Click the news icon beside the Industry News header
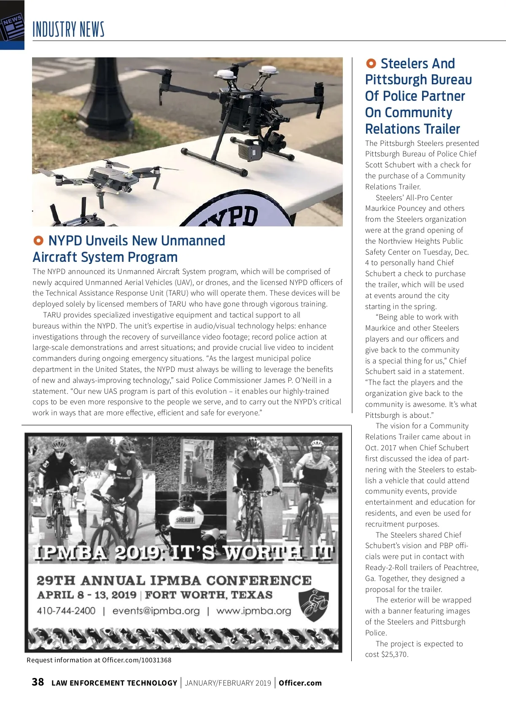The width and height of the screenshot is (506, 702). [11, 27]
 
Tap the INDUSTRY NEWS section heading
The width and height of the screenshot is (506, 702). [68, 30]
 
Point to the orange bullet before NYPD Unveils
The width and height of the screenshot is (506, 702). [38, 241]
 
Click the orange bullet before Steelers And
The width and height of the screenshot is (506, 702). [371, 64]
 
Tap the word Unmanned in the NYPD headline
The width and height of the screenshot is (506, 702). [193, 241]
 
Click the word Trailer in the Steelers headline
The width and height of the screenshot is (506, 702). [441, 129]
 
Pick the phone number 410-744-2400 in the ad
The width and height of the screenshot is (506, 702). [66, 611]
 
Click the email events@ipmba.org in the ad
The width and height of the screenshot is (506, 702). [156, 611]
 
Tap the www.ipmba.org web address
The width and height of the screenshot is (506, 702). [253, 611]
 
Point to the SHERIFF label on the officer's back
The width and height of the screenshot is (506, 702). [185, 520]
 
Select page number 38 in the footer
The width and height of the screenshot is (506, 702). [38, 682]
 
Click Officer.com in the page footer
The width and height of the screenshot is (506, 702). [300, 683]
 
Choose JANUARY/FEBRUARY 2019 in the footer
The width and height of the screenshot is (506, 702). [228, 683]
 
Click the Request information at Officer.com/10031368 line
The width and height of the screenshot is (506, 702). [99, 660]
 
